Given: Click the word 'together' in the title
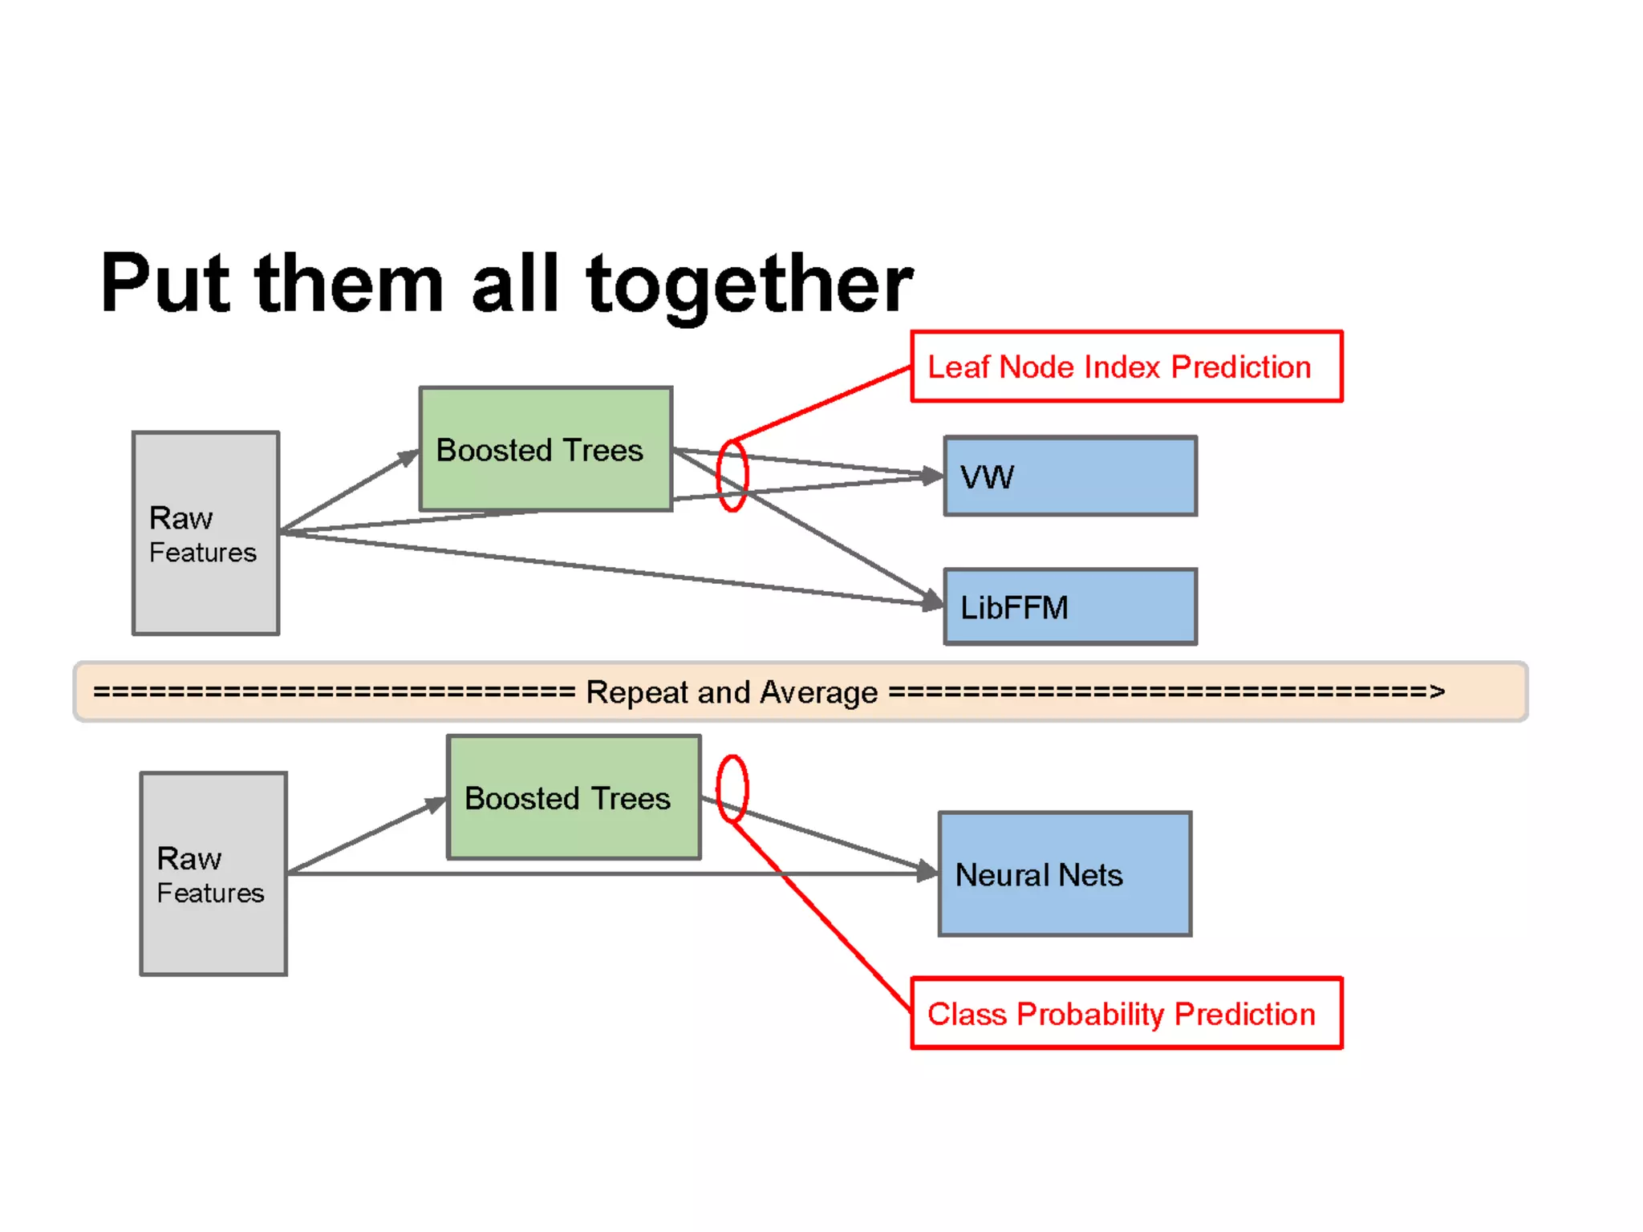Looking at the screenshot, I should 749,285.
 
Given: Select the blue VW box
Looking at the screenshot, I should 1070,476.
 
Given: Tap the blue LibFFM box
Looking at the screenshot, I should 1070,607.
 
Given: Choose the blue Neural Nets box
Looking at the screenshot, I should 1065,874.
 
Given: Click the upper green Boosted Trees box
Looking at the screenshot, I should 546,449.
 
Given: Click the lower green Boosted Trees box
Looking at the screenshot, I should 574,798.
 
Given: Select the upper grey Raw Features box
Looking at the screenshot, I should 205,533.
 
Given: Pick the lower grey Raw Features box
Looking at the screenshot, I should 213,874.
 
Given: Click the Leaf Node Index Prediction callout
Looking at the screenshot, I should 1126,367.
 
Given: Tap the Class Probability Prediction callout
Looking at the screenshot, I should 1126,1013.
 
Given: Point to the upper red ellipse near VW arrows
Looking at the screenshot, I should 732,475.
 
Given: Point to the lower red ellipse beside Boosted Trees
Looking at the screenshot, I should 732,788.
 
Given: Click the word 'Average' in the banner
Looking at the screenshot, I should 818,691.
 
